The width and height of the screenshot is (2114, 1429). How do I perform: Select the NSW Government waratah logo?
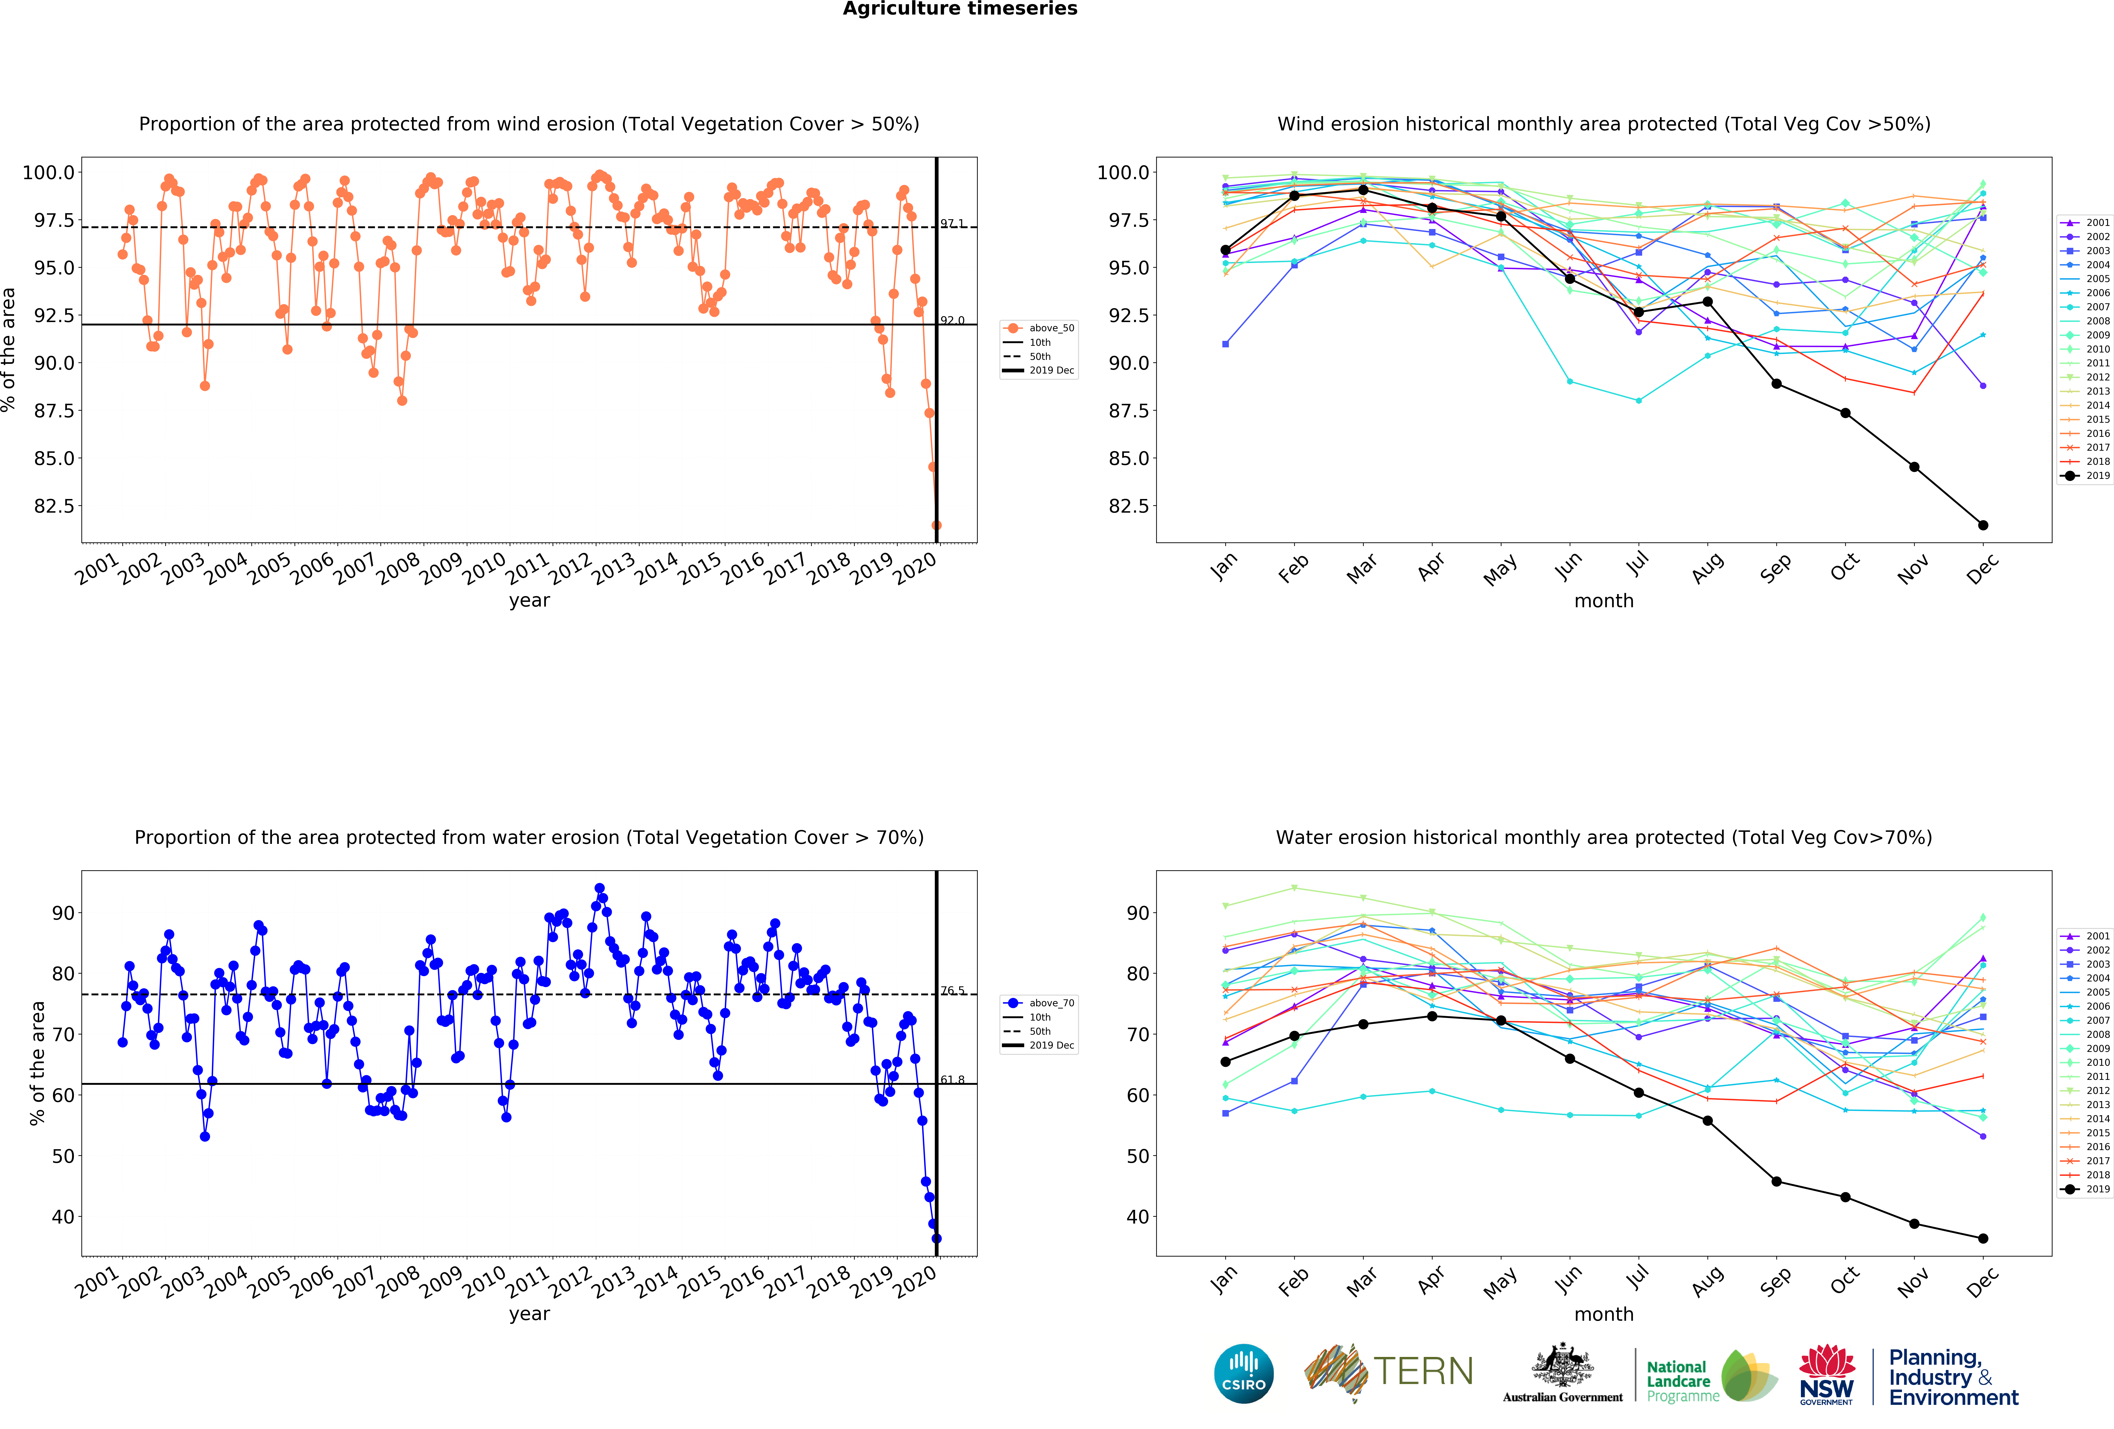1827,1374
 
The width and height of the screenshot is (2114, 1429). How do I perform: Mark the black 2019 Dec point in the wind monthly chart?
1983,525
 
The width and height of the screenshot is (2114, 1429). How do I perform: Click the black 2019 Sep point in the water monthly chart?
1777,1182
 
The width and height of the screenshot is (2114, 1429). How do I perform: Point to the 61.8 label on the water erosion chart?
952,1080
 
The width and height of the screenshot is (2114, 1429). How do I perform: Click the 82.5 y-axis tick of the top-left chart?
55,506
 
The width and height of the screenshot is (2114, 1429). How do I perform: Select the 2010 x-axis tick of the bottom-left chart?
484,1281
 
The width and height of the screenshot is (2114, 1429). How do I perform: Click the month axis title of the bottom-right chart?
1604,1314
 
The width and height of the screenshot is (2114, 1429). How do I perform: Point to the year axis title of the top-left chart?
529,600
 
